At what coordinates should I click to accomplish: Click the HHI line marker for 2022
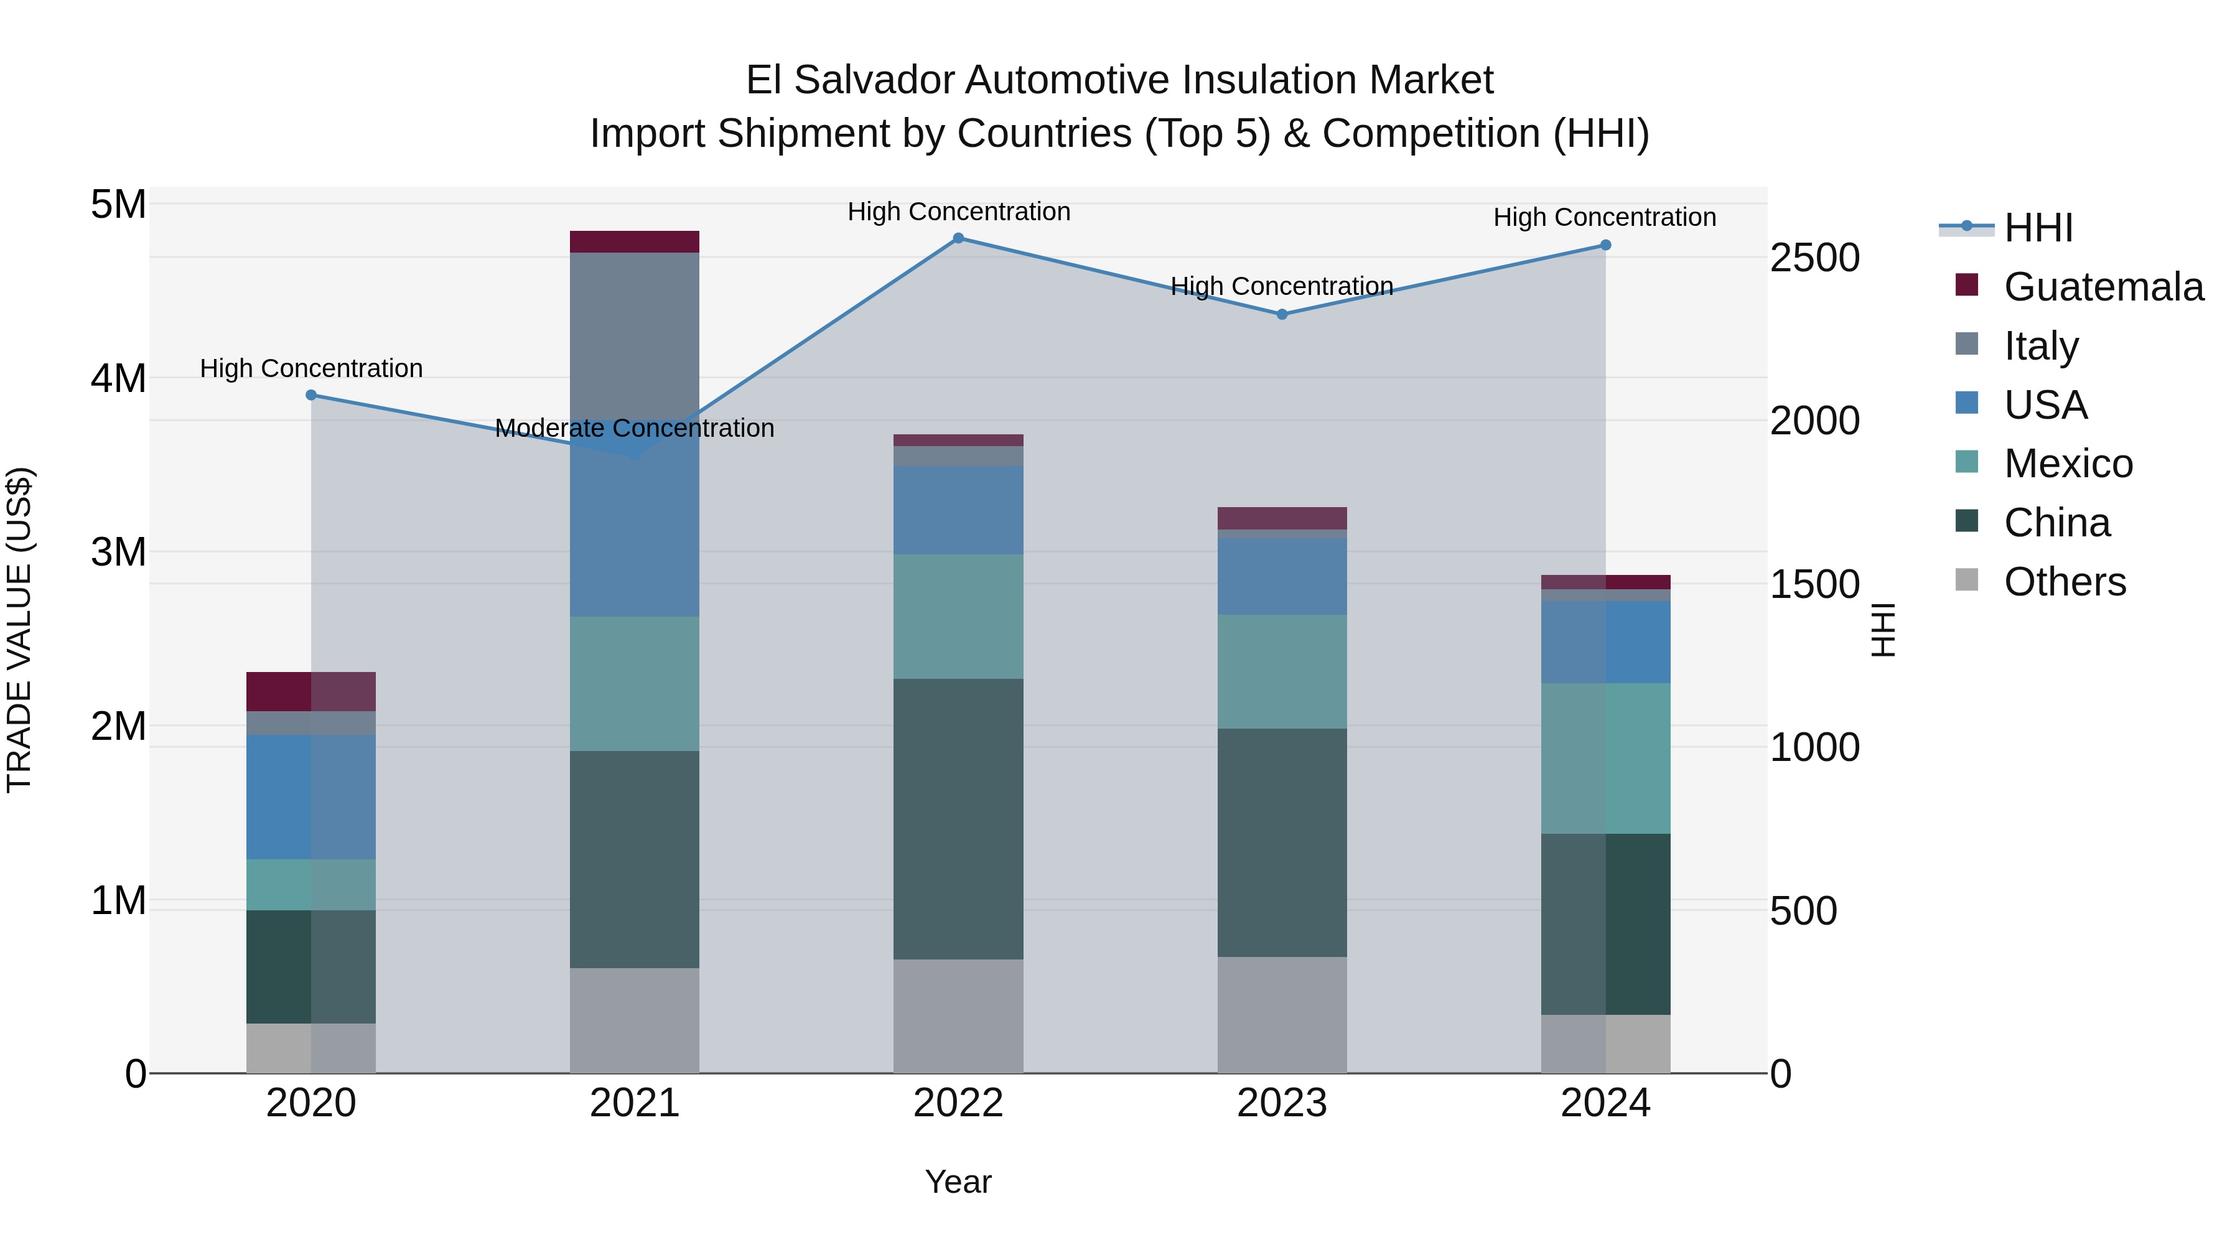(958, 238)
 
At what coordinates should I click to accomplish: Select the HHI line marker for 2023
(1282, 315)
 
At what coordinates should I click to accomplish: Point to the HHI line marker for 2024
(1605, 245)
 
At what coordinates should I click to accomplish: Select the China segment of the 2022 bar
(958, 819)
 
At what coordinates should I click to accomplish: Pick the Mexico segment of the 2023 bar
(1282, 672)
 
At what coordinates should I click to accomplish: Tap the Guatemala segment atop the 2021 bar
(635, 242)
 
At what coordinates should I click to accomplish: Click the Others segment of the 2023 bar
(1282, 1015)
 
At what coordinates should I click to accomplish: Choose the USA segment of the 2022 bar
(958, 510)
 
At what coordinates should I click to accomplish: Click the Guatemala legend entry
(2102, 287)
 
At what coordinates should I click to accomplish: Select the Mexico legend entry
(2068, 464)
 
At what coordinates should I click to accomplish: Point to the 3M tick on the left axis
(118, 552)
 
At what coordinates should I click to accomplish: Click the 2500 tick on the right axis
(1815, 258)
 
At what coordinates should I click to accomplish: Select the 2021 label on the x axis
(635, 1103)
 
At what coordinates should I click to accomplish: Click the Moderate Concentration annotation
(635, 429)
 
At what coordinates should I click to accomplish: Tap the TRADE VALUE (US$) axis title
(19, 630)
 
